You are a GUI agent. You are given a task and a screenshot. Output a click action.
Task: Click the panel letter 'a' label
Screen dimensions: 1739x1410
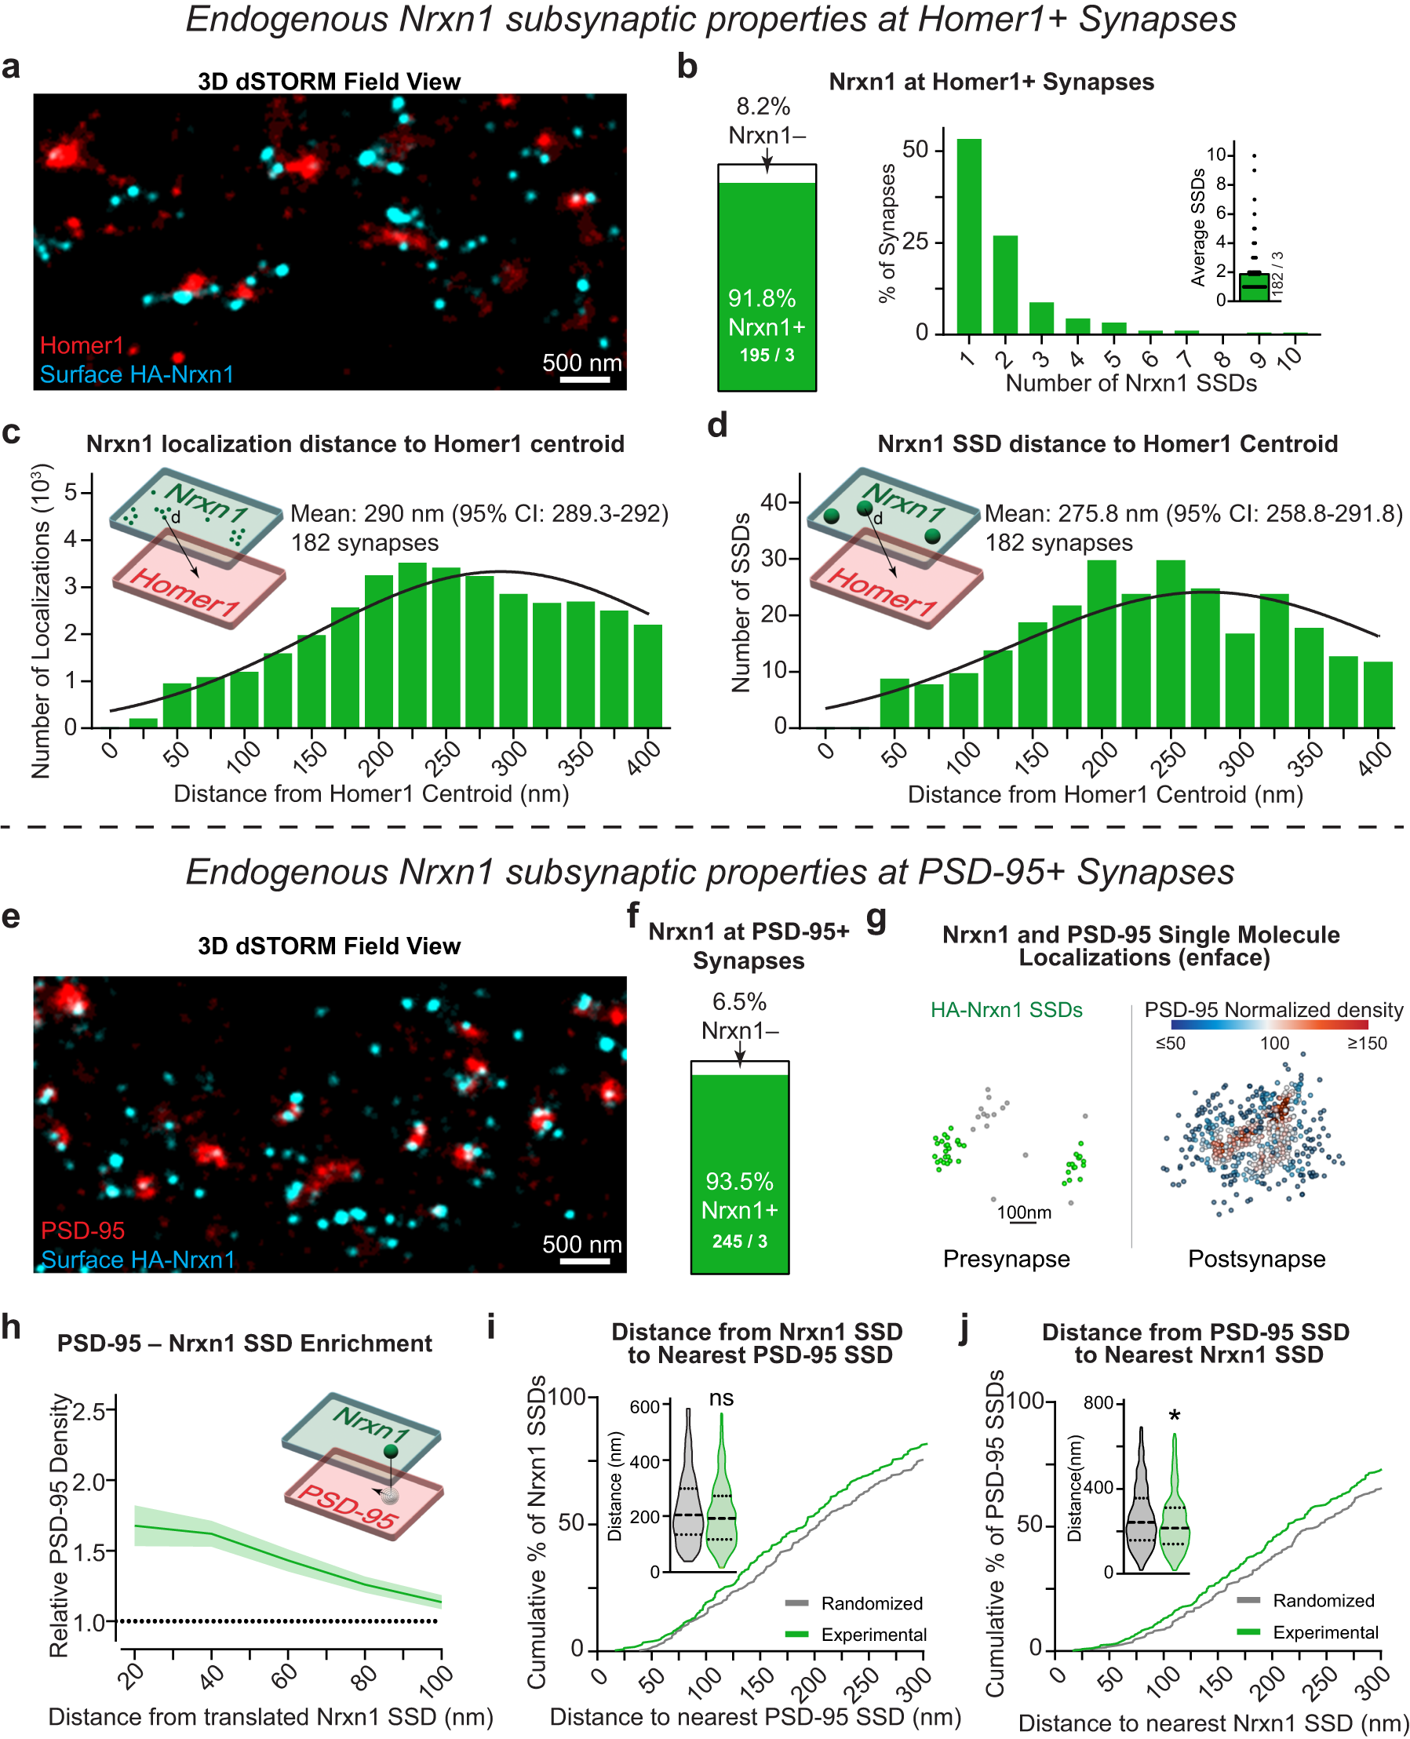(x=11, y=67)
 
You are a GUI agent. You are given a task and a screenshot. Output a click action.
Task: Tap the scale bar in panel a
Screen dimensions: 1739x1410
(x=583, y=379)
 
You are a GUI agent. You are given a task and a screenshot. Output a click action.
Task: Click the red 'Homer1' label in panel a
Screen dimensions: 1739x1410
(x=82, y=345)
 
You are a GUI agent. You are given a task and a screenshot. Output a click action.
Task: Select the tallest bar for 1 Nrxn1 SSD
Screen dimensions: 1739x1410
(x=968, y=235)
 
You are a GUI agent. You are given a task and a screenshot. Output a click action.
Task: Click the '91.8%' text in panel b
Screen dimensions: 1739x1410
(x=761, y=298)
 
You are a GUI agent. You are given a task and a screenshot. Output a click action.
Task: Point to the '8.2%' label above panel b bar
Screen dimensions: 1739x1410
(x=763, y=107)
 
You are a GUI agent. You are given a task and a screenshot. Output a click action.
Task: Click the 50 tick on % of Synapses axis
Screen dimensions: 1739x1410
(x=916, y=150)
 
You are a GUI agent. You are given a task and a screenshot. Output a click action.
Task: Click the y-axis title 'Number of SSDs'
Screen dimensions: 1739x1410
(x=740, y=602)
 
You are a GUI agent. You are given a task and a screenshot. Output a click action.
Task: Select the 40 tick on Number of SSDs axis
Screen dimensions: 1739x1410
(x=773, y=502)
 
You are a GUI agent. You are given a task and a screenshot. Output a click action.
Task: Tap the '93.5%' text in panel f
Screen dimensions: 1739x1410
(x=739, y=1181)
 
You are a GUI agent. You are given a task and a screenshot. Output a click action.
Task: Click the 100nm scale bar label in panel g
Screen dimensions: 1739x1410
(x=1023, y=1212)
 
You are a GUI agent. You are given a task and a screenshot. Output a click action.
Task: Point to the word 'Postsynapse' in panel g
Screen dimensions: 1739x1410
(x=1255, y=1258)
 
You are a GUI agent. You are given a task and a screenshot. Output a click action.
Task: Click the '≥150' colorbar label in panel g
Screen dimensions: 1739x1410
(x=1366, y=1044)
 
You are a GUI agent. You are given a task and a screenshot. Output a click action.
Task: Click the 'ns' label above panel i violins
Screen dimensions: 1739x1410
(x=720, y=1398)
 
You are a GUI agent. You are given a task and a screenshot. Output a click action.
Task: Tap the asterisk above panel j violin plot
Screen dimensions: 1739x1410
(x=1174, y=1417)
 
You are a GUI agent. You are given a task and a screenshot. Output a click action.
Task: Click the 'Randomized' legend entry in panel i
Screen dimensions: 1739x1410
(x=871, y=1602)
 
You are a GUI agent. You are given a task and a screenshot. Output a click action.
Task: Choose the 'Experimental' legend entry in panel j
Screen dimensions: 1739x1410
(x=1324, y=1631)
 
